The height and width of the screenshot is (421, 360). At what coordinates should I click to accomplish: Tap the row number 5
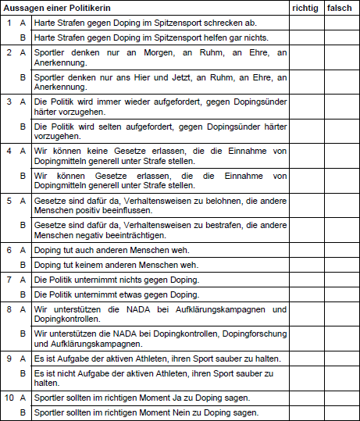(9, 200)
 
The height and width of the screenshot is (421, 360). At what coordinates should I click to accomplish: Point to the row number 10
(9, 398)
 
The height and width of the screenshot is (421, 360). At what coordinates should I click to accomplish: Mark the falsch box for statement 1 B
(340, 37)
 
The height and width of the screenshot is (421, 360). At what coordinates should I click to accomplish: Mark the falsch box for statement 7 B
(340, 294)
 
